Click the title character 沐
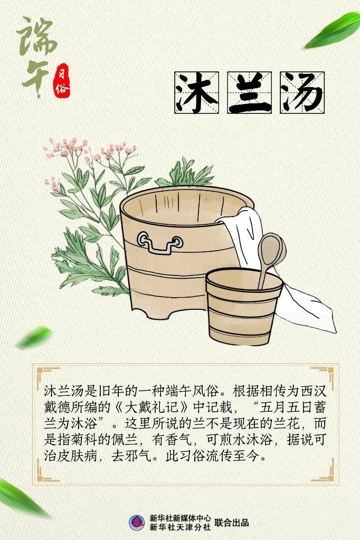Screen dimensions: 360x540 coord(197,93)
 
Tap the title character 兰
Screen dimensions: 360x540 coord(250,93)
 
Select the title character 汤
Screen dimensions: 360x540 coord(302,93)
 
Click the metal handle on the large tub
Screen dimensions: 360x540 coord(159,242)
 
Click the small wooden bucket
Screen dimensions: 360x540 coord(244,306)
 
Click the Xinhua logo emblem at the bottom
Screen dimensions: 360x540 coord(137,523)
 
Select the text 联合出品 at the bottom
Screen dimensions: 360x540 coord(232,523)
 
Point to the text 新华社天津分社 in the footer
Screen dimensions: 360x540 coord(180,527)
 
